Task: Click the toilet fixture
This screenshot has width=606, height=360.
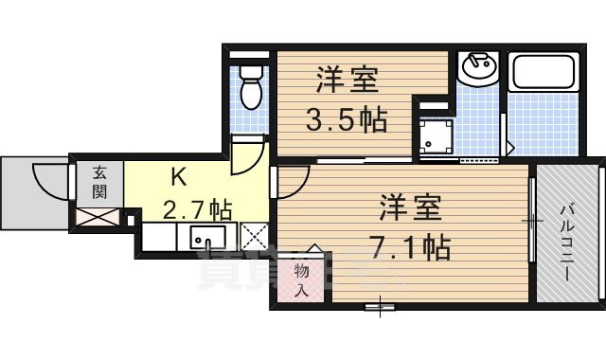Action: (251, 87)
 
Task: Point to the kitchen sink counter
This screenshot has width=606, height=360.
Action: (205, 236)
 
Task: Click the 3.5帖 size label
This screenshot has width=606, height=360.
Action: (345, 120)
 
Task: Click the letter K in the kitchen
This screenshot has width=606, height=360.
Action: (177, 176)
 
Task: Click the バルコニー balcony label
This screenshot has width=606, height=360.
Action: (567, 241)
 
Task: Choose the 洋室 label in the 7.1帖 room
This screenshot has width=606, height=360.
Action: (412, 207)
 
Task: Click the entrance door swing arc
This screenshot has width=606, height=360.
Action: (49, 180)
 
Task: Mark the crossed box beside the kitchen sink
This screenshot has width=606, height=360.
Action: (255, 236)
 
